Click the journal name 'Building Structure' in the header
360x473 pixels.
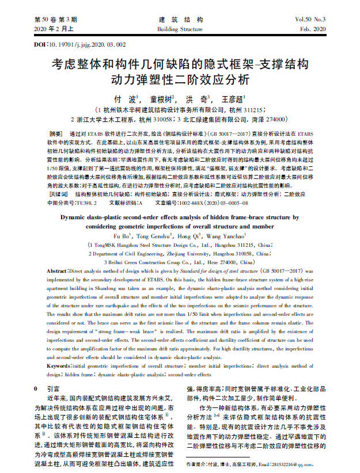click(x=180, y=29)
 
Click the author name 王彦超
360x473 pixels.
click(x=234, y=99)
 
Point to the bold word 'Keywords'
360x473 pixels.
click(x=57, y=366)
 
